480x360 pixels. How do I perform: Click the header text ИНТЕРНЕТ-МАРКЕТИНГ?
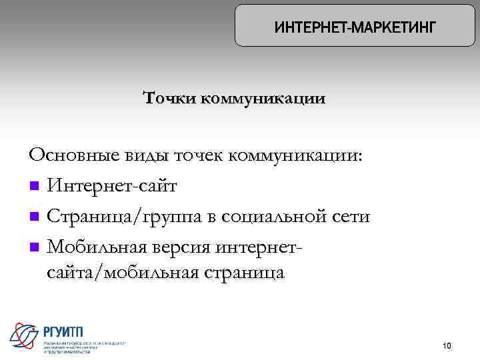(355, 27)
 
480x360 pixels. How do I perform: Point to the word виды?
(146, 155)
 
